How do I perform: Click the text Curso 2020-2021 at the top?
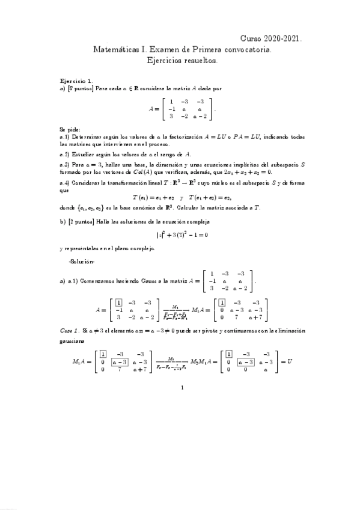coord(275,37)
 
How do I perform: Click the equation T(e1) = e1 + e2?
coord(153,197)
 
